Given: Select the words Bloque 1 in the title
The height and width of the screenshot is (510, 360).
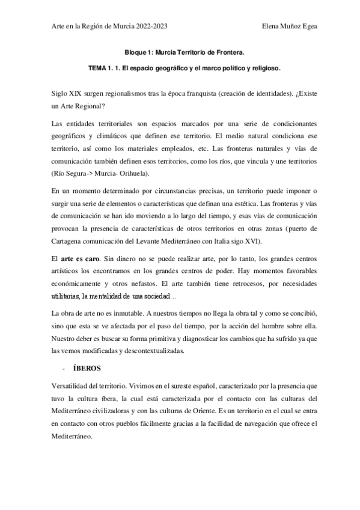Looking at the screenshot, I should [x=131, y=53].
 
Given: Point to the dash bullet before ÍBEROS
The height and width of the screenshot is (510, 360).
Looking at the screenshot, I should [x=55, y=367].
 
